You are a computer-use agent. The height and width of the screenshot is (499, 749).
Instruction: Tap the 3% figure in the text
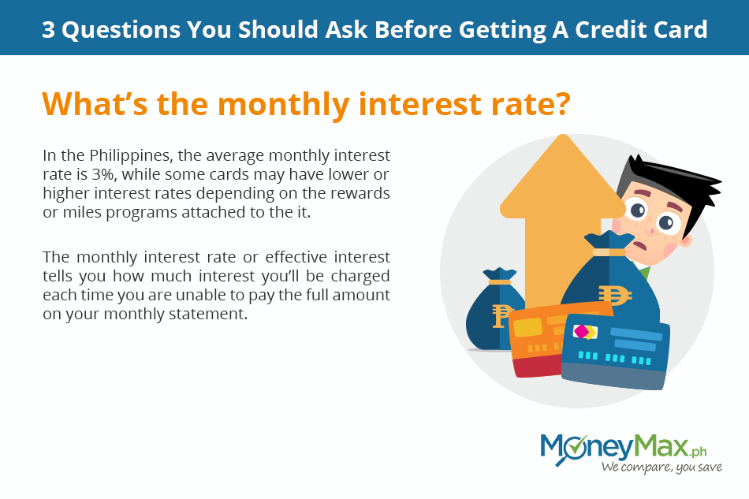coord(103,175)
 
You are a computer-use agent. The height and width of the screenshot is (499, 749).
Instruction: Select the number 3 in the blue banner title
coord(48,30)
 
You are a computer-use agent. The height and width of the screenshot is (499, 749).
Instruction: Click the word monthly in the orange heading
coord(283,105)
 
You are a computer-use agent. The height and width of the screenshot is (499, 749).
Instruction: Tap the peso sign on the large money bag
coord(614,295)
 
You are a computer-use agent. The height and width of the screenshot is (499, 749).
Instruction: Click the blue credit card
coord(615,352)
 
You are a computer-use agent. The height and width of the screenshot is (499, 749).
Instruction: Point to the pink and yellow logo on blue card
coord(585,332)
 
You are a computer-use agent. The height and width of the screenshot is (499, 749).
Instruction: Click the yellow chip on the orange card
coord(527,329)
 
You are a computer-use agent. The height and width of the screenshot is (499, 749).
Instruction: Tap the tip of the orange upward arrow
coord(564,135)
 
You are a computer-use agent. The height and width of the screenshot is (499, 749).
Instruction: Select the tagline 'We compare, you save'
coord(661,467)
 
